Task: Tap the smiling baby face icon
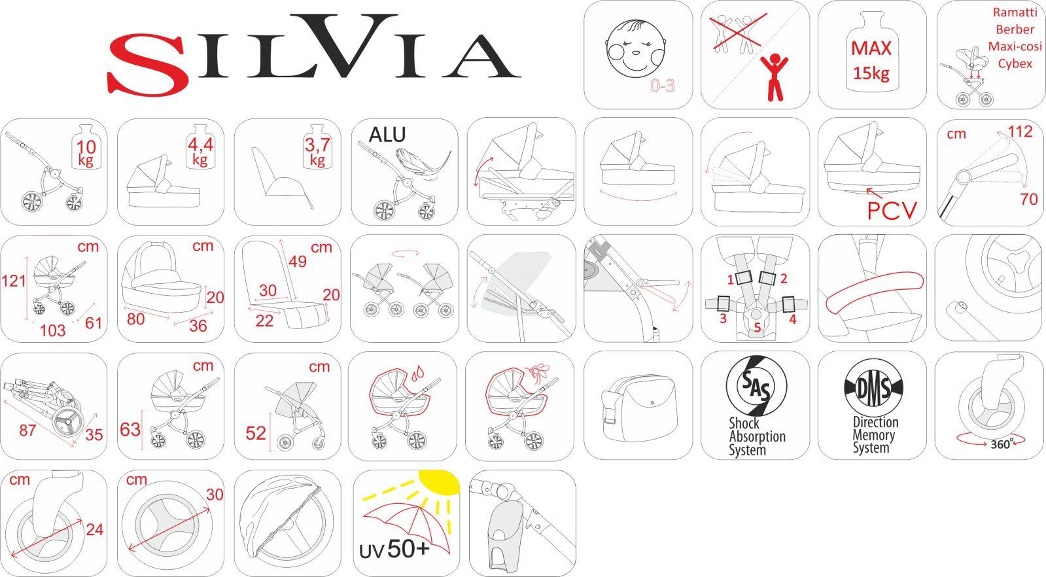636,45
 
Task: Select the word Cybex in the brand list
1015,63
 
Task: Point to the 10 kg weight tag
86,152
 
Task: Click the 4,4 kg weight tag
200,150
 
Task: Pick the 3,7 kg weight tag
317,151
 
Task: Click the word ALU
387,135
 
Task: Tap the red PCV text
892,211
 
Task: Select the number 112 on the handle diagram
1020,131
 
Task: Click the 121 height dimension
14,281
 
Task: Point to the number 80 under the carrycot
135,319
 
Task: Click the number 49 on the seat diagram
298,262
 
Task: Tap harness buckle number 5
758,327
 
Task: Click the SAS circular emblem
756,387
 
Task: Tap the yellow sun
440,481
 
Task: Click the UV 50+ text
394,550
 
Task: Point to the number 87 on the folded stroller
27,430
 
